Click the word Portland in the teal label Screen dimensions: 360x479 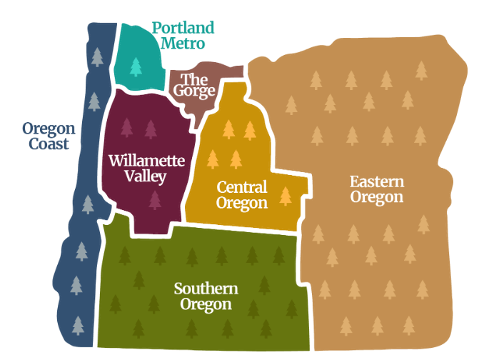click(x=183, y=29)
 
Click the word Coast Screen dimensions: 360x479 click(x=49, y=144)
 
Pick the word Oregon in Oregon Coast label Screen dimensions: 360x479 click(x=49, y=129)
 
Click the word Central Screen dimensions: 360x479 click(x=242, y=187)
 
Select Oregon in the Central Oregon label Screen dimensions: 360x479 click(x=243, y=203)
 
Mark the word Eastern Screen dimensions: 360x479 click(x=377, y=181)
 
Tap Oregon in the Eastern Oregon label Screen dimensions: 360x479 click(x=377, y=197)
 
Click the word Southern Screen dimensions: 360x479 click(x=206, y=289)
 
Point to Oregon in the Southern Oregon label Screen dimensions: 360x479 click(x=206, y=305)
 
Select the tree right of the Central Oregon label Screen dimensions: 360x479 click(x=286, y=195)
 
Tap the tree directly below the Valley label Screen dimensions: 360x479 click(x=155, y=199)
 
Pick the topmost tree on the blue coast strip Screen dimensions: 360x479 click(x=96, y=56)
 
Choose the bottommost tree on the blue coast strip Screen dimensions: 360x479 click(x=77, y=325)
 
